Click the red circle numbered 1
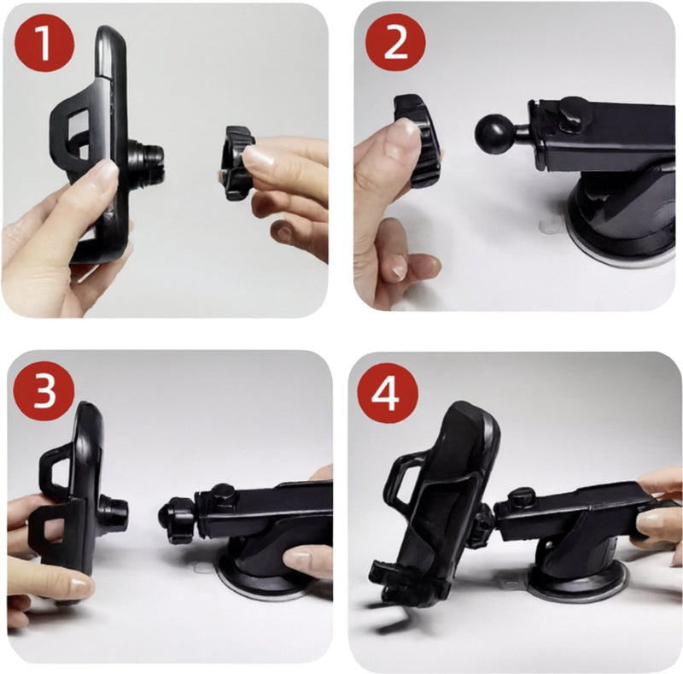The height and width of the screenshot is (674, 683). (44, 43)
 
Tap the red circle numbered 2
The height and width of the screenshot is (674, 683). (395, 43)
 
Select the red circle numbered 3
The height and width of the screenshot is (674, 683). (44, 391)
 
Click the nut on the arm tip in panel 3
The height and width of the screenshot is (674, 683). (178, 520)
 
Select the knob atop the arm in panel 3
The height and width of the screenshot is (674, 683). (224, 494)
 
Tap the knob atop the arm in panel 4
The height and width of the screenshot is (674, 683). (522, 496)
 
